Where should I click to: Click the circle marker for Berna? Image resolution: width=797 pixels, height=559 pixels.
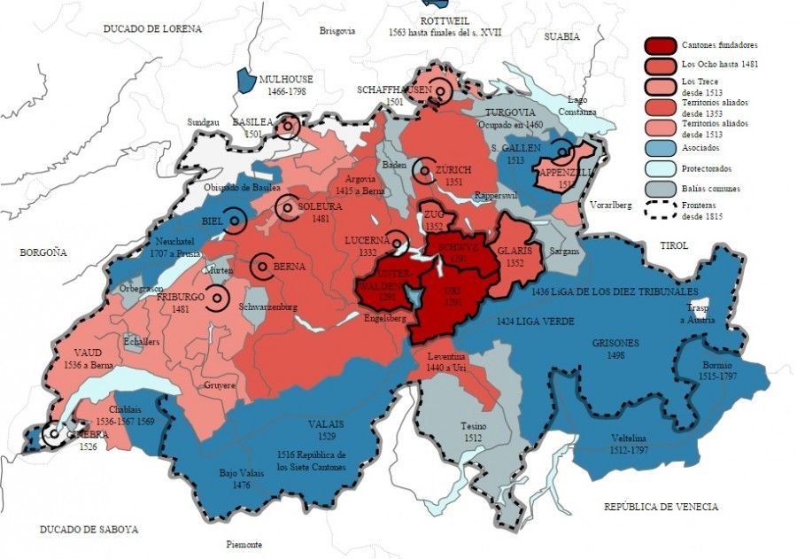pos(263,265)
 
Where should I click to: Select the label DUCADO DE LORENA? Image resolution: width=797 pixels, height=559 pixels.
pos(152,28)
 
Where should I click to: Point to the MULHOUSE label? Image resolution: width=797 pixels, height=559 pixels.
pos(293,79)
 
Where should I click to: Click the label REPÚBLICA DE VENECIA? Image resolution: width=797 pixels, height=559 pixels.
pos(661,507)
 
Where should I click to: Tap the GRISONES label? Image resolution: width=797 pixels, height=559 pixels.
pos(615,342)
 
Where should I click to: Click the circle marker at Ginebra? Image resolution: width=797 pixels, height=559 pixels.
pos(54,434)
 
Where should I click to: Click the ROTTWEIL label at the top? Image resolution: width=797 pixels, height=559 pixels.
pos(445,21)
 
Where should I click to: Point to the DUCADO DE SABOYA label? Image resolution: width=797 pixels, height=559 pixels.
pos(89,529)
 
